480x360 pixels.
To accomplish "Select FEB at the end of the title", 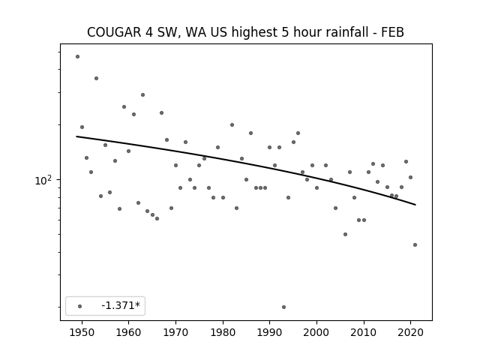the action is click(x=392, y=32).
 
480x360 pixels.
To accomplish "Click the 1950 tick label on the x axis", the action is click(x=82, y=332).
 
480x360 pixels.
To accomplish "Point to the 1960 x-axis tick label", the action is click(x=128, y=332).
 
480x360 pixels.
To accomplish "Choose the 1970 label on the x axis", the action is click(x=175, y=332).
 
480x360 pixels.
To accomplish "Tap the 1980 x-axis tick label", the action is click(x=223, y=332).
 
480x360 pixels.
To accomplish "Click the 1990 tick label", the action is click(x=270, y=332).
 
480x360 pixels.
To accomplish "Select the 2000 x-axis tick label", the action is click(x=316, y=332).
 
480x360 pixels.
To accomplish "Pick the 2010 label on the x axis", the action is click(x=364, y=332).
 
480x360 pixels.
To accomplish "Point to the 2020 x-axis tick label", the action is click(x=411, y=332).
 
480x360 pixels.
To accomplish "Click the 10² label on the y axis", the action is click(x=43, y=180).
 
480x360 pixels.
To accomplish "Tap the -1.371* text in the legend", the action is click(x=121, y=305).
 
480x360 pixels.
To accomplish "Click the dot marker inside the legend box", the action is click(x=80, y=306).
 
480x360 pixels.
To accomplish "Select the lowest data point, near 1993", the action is click(x=283, y=307).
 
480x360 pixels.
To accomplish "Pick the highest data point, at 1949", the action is click(x=77, y=57).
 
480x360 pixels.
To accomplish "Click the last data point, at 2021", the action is click(x=415, y=245).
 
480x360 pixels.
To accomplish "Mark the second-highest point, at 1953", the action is click(x=96, y=78).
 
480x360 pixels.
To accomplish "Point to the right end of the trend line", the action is click(x=415, y=205).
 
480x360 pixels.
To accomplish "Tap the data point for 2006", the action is click(x=345, y=235).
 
